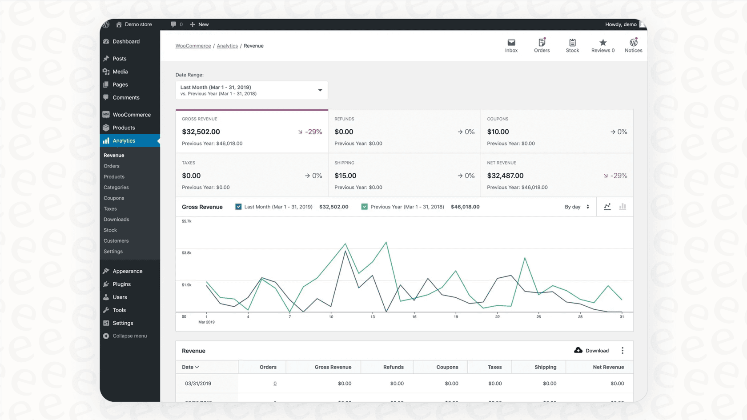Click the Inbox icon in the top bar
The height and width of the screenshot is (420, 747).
tap(511, 43)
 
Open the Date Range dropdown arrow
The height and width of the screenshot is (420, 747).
tap(320, 90)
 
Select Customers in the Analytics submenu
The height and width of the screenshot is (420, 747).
tap(116, 241)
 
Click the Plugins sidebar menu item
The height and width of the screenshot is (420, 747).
tap(121, 284)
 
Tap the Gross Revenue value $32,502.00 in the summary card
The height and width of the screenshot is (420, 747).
tap(201, 132)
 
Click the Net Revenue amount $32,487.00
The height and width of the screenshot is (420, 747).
tap(505, 176)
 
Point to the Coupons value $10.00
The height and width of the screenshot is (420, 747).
tap(498, 132)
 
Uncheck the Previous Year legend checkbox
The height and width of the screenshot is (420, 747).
tap(365, 207)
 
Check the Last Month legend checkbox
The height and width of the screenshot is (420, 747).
tap(238, 207)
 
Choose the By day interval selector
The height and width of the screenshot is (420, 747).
tap(577, 207)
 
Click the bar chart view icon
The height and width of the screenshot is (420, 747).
tap(622, 207)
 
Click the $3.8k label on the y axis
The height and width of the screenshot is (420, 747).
tap(186, 253)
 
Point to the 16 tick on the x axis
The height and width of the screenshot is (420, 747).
tap(414, 317)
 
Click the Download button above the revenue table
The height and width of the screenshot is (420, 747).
tap(591, 351)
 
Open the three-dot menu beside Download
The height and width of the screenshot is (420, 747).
tap(622, 351)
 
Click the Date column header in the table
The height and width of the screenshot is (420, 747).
tap(190, 367)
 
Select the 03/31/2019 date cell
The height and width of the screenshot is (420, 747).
tap(198, 384)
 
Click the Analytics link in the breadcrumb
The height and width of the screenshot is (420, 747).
tap(227, 46)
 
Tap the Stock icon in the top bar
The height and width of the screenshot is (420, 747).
tap(572, 43)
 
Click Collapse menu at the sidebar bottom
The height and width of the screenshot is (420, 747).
tap(129, 336)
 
